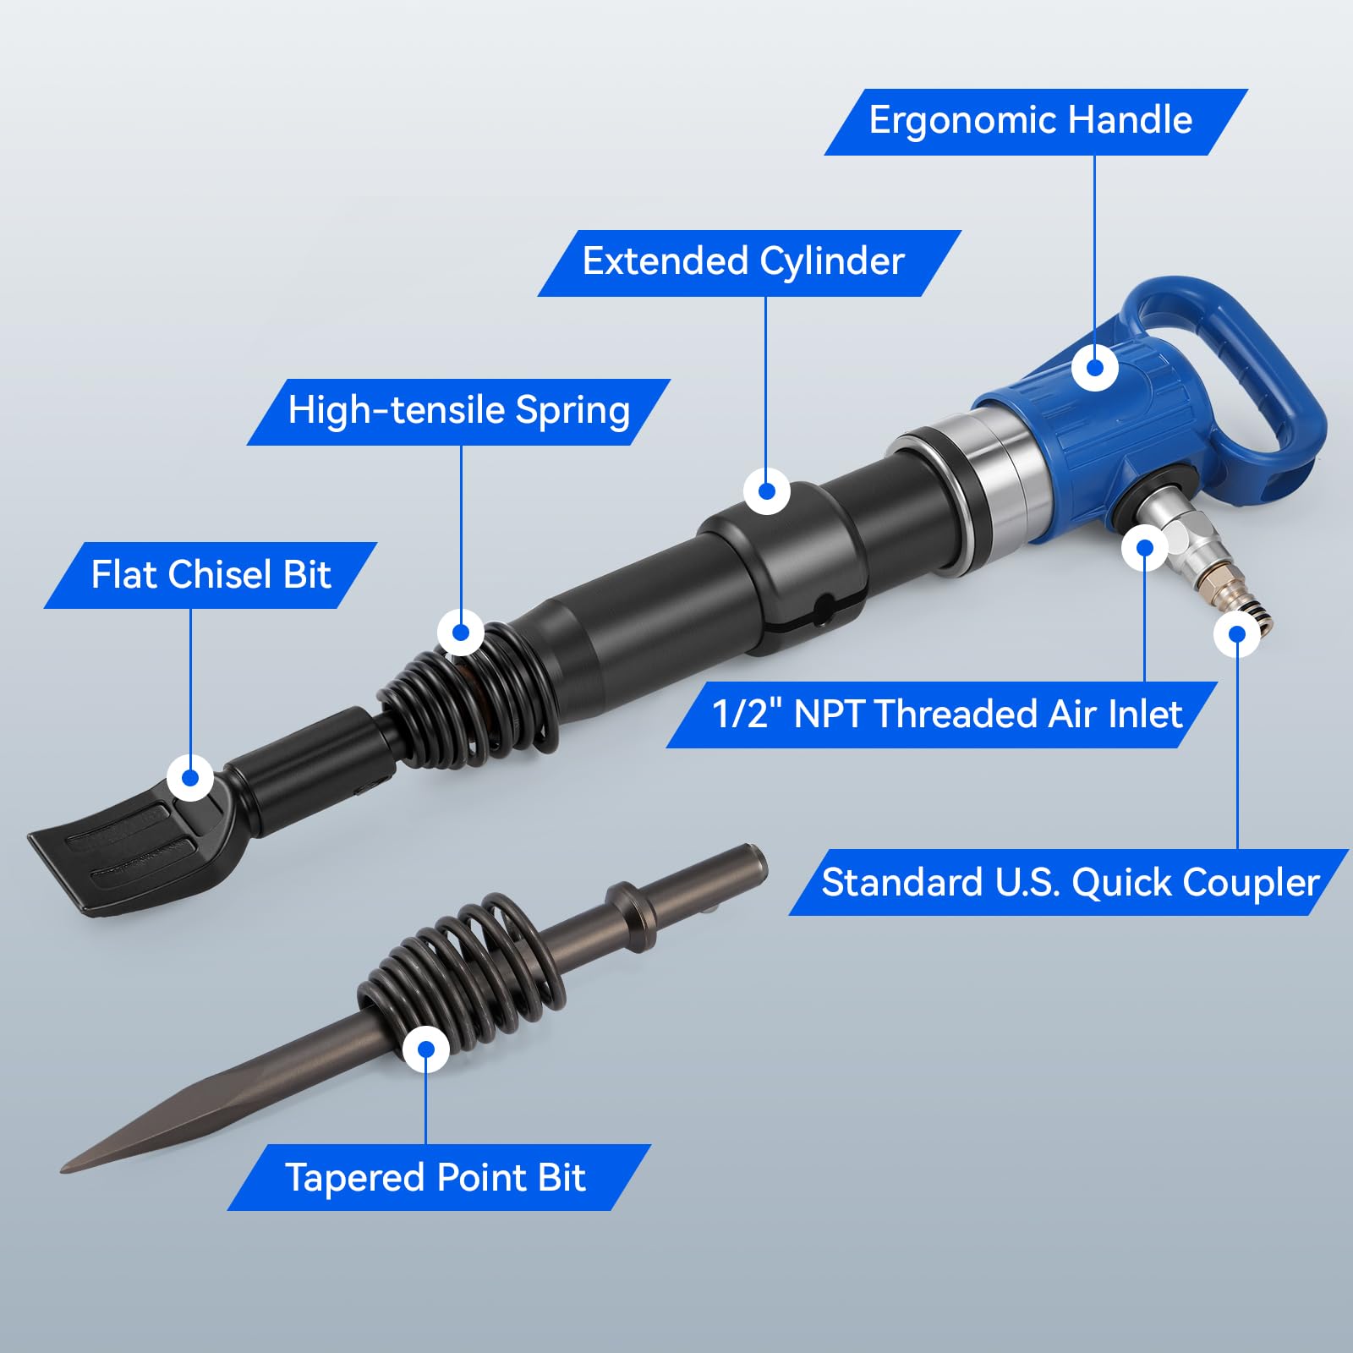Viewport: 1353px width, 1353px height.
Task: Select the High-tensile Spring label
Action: pyautogui.click(x=458, y=412)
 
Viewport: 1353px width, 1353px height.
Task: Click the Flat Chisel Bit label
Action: pyautogui.click(x=211, y=575)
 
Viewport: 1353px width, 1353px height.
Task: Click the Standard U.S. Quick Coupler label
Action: pyautogui.click(x=1069, y=882)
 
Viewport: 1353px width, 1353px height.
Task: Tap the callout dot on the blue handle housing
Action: pyautogui.click(x=1095, y=368)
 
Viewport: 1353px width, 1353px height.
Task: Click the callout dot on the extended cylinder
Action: pyautogui.click(x=767, y=491)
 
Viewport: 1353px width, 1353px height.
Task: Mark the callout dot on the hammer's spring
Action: pyautogui.click(x=461, y=633)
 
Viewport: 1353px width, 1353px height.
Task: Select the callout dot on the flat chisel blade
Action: pyautogui.click(x=190, y=777)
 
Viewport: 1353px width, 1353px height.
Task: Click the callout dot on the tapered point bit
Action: pyautogui.click(x=426, y=1049)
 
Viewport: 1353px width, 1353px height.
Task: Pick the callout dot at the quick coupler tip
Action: pyautogui.click(x=1237, y=634)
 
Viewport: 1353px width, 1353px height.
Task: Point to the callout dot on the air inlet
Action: pyautogui.click(x=1145, y=548)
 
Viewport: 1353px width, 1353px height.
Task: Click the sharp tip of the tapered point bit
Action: pyautogui.click(x=63, y=1170)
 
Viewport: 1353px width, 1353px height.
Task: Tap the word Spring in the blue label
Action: pyautogui.click(x=572, y=412)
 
